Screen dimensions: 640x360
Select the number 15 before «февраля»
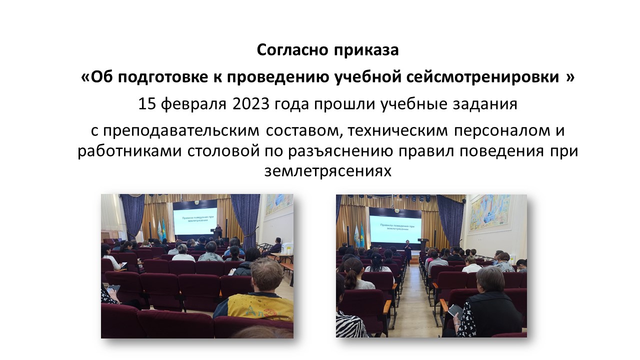tap(147, 103)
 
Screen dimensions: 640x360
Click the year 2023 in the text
tap(251, 103)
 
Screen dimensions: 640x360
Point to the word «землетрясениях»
tap(327, 171)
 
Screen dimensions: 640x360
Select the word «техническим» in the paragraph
tap(397, 130)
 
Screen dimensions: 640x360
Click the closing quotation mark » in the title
tap(570, 77)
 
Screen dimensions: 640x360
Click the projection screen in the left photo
tap(195, 221)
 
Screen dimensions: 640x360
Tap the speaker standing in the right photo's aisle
tap(408, 253)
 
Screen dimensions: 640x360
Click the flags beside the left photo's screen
tap(161, 230)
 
